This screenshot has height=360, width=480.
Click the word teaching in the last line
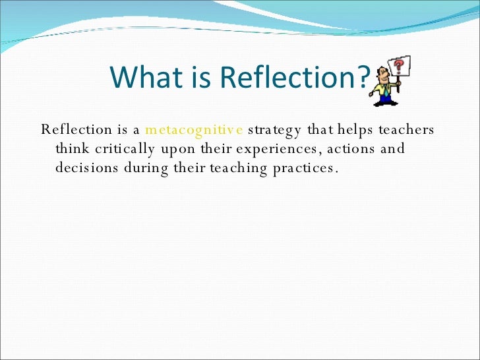[x=239, y=168]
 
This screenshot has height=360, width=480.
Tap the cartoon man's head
[x=382, y=74]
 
